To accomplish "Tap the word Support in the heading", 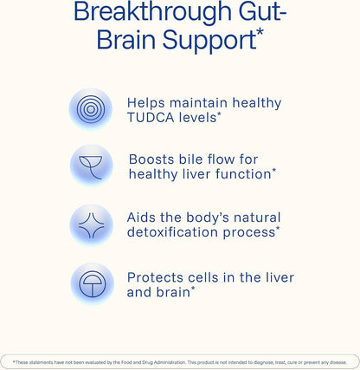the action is click(x=209, y=41).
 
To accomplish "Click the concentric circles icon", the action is click(x=91, y=109).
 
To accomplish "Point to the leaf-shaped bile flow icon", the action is click(x=91, y=166).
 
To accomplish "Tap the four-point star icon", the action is click(x=91, y=225).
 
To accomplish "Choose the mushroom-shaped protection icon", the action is click(x=92, y=284).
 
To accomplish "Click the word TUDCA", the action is click(x=151, y=118).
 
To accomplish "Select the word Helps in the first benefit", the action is click(x=146, y=103).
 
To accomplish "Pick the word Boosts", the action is click(x=151, y=159).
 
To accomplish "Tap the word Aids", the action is click(x=141, y=217).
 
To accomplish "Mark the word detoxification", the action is click(x=172, y=232).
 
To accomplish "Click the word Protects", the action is click(x=155, y=277).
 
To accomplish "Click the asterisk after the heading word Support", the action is click(x=260, y=32).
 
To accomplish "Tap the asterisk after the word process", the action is click(x=278, y=229).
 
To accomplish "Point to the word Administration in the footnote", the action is click(x=170, y=362).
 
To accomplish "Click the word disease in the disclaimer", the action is click(x=338, y=362).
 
